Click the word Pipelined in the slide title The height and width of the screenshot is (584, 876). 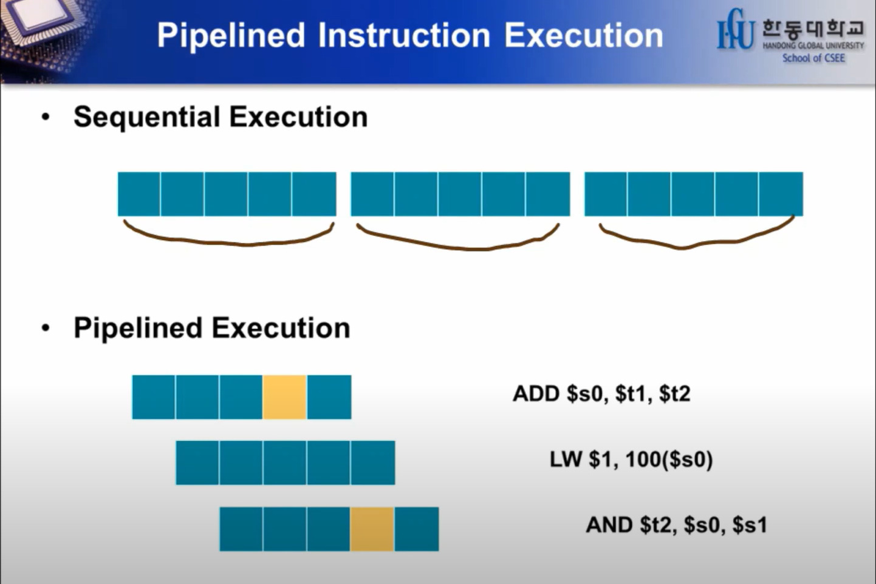coord(231,35)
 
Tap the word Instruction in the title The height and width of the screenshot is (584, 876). coord(404,35)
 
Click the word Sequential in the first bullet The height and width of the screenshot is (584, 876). coord(146,117)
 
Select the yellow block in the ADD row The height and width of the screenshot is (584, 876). coord(285,397)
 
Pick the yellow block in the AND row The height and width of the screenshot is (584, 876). coord(372,529)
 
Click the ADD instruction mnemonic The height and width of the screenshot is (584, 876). coord(536,394)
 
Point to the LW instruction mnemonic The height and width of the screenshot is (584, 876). coord(566,459)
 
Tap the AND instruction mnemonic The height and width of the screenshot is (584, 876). coord(609,524)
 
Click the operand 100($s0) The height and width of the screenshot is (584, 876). coord(669,459)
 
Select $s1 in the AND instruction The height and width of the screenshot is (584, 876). coord(750,524)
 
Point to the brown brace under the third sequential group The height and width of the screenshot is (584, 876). coord(696,241)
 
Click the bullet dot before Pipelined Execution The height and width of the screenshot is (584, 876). coord(46,328)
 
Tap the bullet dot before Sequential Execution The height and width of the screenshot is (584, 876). coord(46,117)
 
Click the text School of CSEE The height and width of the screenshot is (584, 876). coord(813,58)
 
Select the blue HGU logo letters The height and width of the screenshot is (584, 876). coord(736,30)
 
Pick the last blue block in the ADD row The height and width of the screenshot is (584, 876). coord(329,397)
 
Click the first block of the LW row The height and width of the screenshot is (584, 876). coord(197,463)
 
